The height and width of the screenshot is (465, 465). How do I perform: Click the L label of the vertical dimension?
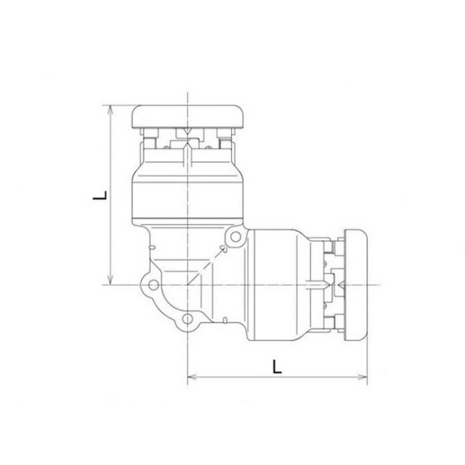pos(100,195)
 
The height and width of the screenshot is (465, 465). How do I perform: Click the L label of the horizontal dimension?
pos(277,366)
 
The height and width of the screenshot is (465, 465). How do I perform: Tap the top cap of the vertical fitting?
pos(188,117)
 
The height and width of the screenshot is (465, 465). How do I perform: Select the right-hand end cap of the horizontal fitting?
pos(355,285)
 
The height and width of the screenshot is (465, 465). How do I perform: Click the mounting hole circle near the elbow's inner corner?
pos(235,237)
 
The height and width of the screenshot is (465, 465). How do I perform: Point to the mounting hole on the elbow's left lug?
pos(153,285)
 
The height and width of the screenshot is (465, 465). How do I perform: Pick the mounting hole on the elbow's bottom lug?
pos(187,319)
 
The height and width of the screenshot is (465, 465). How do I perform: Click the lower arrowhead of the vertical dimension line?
pos(110,279)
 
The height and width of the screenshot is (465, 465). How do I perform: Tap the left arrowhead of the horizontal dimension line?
pos(193,377)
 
